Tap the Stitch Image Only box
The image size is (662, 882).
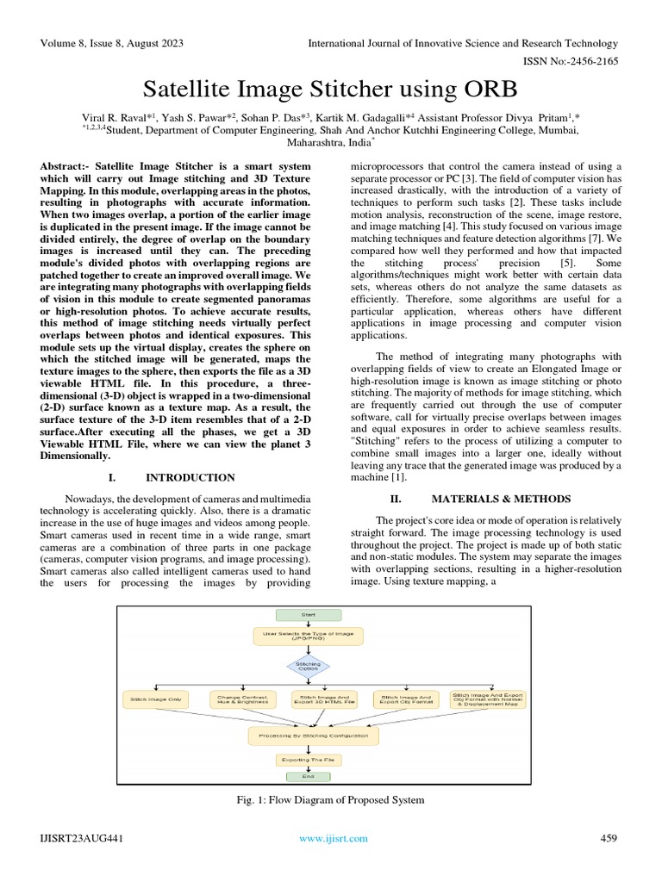coord(155,699)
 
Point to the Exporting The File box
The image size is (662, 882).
coord(307,761)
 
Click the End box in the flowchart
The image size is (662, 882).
coord(308,777)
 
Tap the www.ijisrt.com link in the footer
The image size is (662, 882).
coord(334,838)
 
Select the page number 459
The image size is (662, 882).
coord(609,838)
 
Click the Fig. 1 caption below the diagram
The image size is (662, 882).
coord(331,800)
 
